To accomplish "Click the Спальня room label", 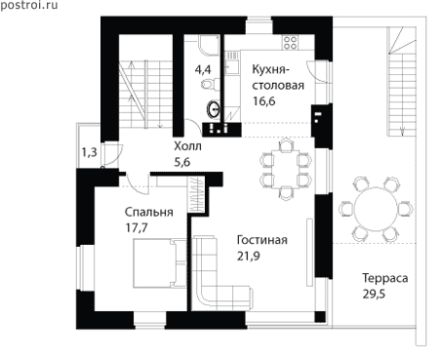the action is (149, 212).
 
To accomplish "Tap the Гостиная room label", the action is (262, 240).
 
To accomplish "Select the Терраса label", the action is (385, 278).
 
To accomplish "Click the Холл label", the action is (187, 146).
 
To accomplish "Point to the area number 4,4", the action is (203, 69).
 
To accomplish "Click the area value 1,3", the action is (90, 152).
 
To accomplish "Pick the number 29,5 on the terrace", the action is (374, 294).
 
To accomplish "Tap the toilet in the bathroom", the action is (207, 85).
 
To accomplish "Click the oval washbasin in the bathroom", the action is (214, 109).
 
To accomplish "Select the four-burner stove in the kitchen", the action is (290, 42).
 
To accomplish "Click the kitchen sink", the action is (232, 66).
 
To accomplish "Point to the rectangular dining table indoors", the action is (286, 169).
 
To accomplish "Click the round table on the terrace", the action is (376, 208).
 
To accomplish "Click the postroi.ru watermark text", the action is (29, 5).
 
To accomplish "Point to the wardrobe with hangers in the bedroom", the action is (196, 195).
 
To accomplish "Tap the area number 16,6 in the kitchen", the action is (264, 101).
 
